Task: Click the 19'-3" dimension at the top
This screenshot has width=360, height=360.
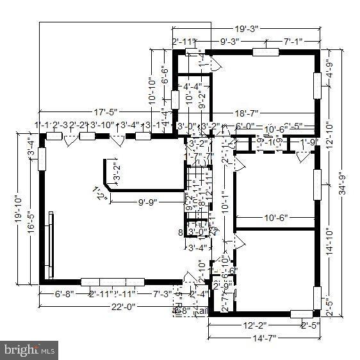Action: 245,29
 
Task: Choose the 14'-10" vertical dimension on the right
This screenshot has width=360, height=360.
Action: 327,243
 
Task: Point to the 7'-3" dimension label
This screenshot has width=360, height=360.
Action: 161,294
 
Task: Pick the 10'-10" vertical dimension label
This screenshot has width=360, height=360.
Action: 152,92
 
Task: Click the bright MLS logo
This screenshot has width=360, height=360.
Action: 29,350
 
